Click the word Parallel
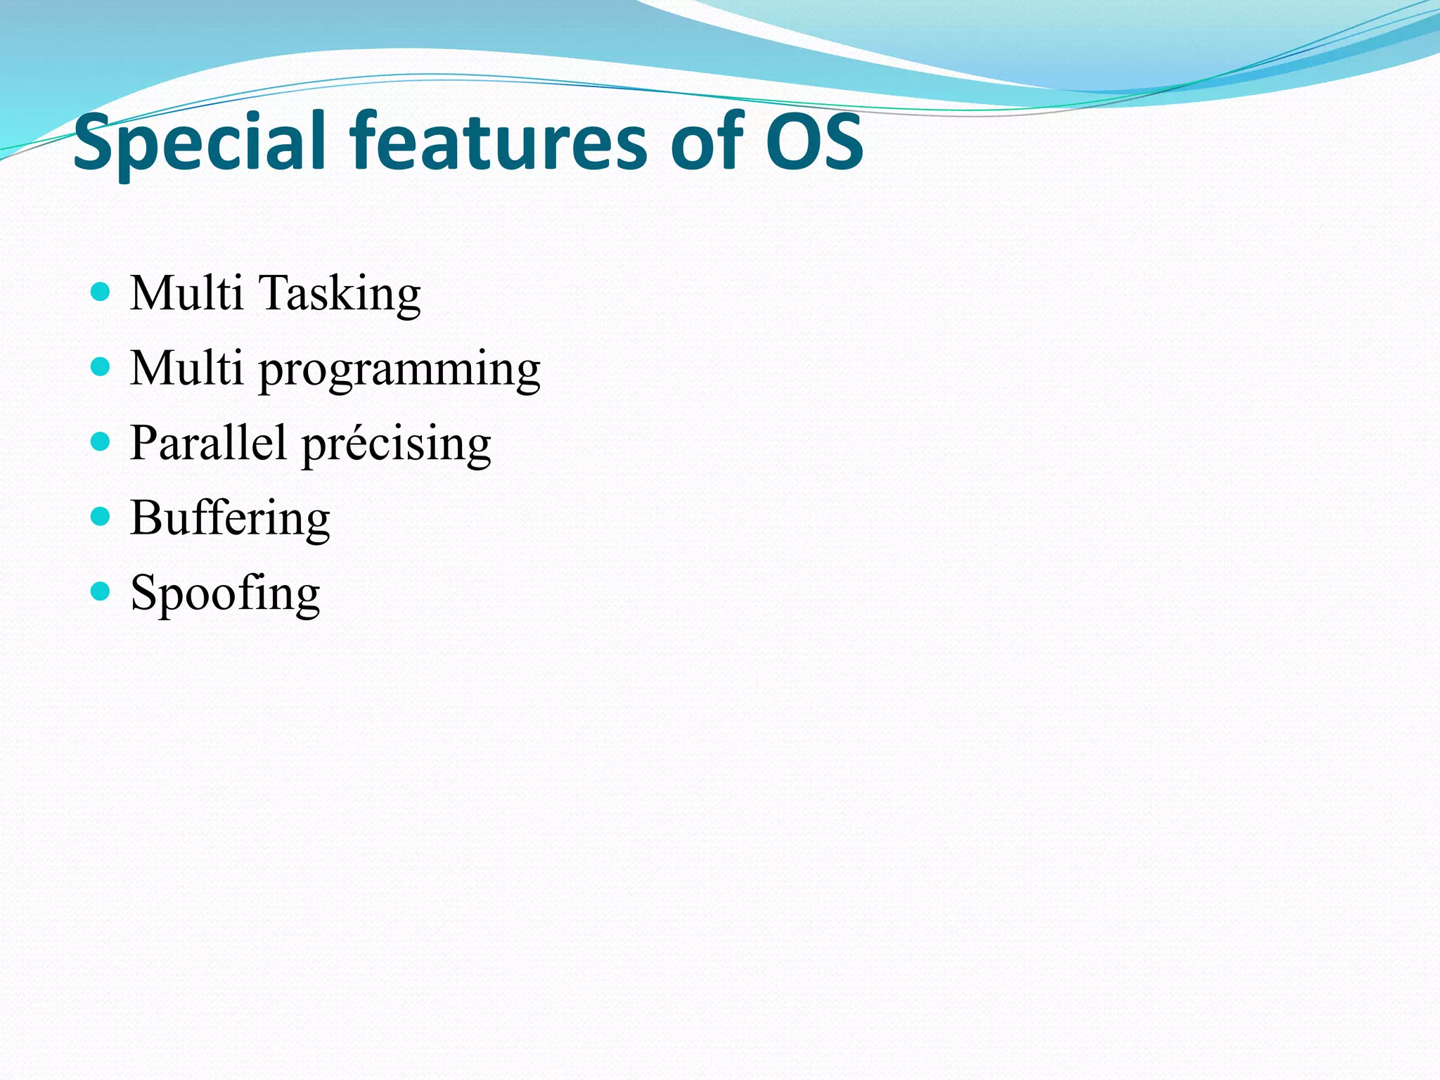click(x=208, y=443)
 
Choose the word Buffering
click(x=230, y=519)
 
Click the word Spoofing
click(x=225, y=594)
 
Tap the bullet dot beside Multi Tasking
click(x=101, y=292)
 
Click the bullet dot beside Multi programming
click(x=101, y=367)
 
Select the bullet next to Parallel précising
click(x=101, y=442)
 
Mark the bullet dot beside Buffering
click(x=101, y=517)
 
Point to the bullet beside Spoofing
click(x=101, y=592)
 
